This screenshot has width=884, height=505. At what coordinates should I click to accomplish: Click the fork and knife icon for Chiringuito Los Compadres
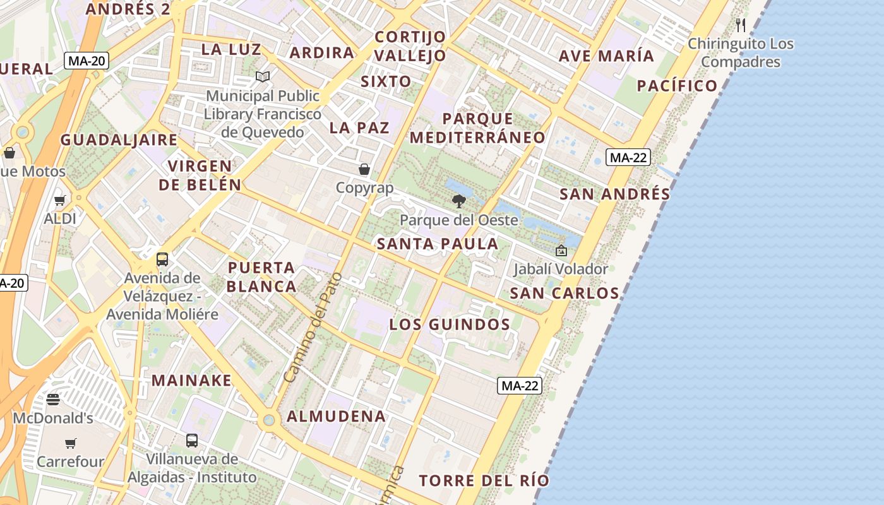pos(741,25)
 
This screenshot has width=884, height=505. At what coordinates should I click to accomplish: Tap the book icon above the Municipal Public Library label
pos(263,76)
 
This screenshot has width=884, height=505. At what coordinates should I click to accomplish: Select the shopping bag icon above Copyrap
pos(364,169)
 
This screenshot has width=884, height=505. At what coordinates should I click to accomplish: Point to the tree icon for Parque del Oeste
pos(459,201)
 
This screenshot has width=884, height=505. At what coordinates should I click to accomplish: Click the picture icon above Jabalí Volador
pos(561,251)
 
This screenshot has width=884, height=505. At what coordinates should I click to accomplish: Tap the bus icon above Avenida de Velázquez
pos(162,259)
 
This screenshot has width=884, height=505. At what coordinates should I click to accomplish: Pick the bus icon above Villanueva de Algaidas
pos(192,440)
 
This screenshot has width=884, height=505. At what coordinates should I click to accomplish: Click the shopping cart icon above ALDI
pos(60,201)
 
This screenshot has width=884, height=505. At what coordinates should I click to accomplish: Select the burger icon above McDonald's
pos(53,399)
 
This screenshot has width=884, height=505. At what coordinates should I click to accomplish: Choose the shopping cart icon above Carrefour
pos(70,443)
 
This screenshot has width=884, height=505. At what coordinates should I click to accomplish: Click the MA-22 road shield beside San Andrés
pos(628,158)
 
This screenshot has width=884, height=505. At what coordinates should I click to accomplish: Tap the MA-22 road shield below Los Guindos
pos(520,386)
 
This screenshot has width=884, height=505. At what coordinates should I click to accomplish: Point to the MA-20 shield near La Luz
pos(87,61)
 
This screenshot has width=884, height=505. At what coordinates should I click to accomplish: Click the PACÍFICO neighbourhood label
pos(677,86)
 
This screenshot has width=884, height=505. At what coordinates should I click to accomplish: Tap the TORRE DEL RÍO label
pos(484,480)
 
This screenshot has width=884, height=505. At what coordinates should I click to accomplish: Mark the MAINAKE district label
pos(191,381)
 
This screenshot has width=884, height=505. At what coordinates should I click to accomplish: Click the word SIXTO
pos(386,81)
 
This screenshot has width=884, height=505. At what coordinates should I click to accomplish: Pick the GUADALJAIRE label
pos(119,140)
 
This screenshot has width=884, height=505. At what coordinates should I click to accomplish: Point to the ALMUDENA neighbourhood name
pos(336,417)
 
